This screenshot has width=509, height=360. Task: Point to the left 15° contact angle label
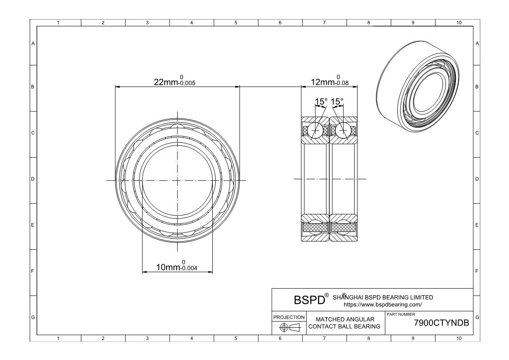pos(321,101)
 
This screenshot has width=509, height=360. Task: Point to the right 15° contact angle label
pos(337,101)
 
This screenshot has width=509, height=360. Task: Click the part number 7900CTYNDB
pos(442,323)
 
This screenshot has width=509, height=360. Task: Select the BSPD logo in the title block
pos(310,300)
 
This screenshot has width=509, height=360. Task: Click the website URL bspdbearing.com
pos(383,305)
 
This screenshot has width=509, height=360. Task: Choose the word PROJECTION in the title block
pos(289,317)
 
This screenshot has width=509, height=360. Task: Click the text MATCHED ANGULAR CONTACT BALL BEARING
pos(345,323)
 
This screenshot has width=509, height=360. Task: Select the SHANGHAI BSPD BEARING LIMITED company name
pos(383,297)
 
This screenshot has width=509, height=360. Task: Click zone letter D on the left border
pos(33,179)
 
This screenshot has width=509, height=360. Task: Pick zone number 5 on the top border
pos(236,23)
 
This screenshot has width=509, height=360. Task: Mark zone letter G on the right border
pos(477,317)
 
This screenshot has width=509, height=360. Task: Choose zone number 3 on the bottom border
pos(147,338)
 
